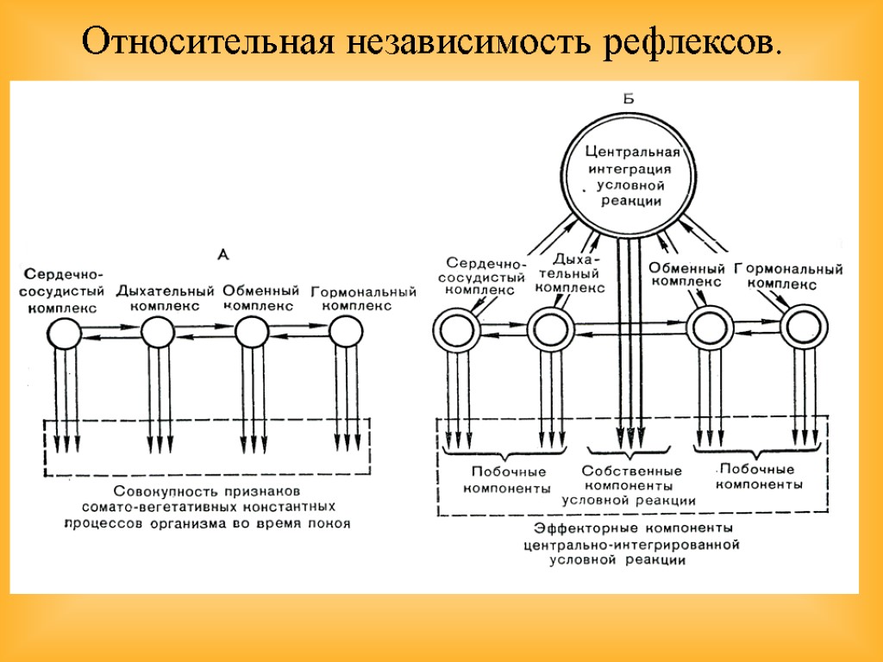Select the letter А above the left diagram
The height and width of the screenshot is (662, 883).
coord(222,254)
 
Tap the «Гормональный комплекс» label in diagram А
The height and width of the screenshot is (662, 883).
coord(363,298)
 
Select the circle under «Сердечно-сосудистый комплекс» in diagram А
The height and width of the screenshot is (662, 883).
coord(64,332)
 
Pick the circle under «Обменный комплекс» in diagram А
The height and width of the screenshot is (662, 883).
coord(252,332)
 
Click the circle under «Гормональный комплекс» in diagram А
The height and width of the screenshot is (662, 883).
coord(347,332)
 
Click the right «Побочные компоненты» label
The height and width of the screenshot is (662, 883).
coord(759,477)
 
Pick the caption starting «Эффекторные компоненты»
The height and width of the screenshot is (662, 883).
coord(633,544)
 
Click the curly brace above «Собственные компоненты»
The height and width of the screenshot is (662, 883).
coord(629,452)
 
